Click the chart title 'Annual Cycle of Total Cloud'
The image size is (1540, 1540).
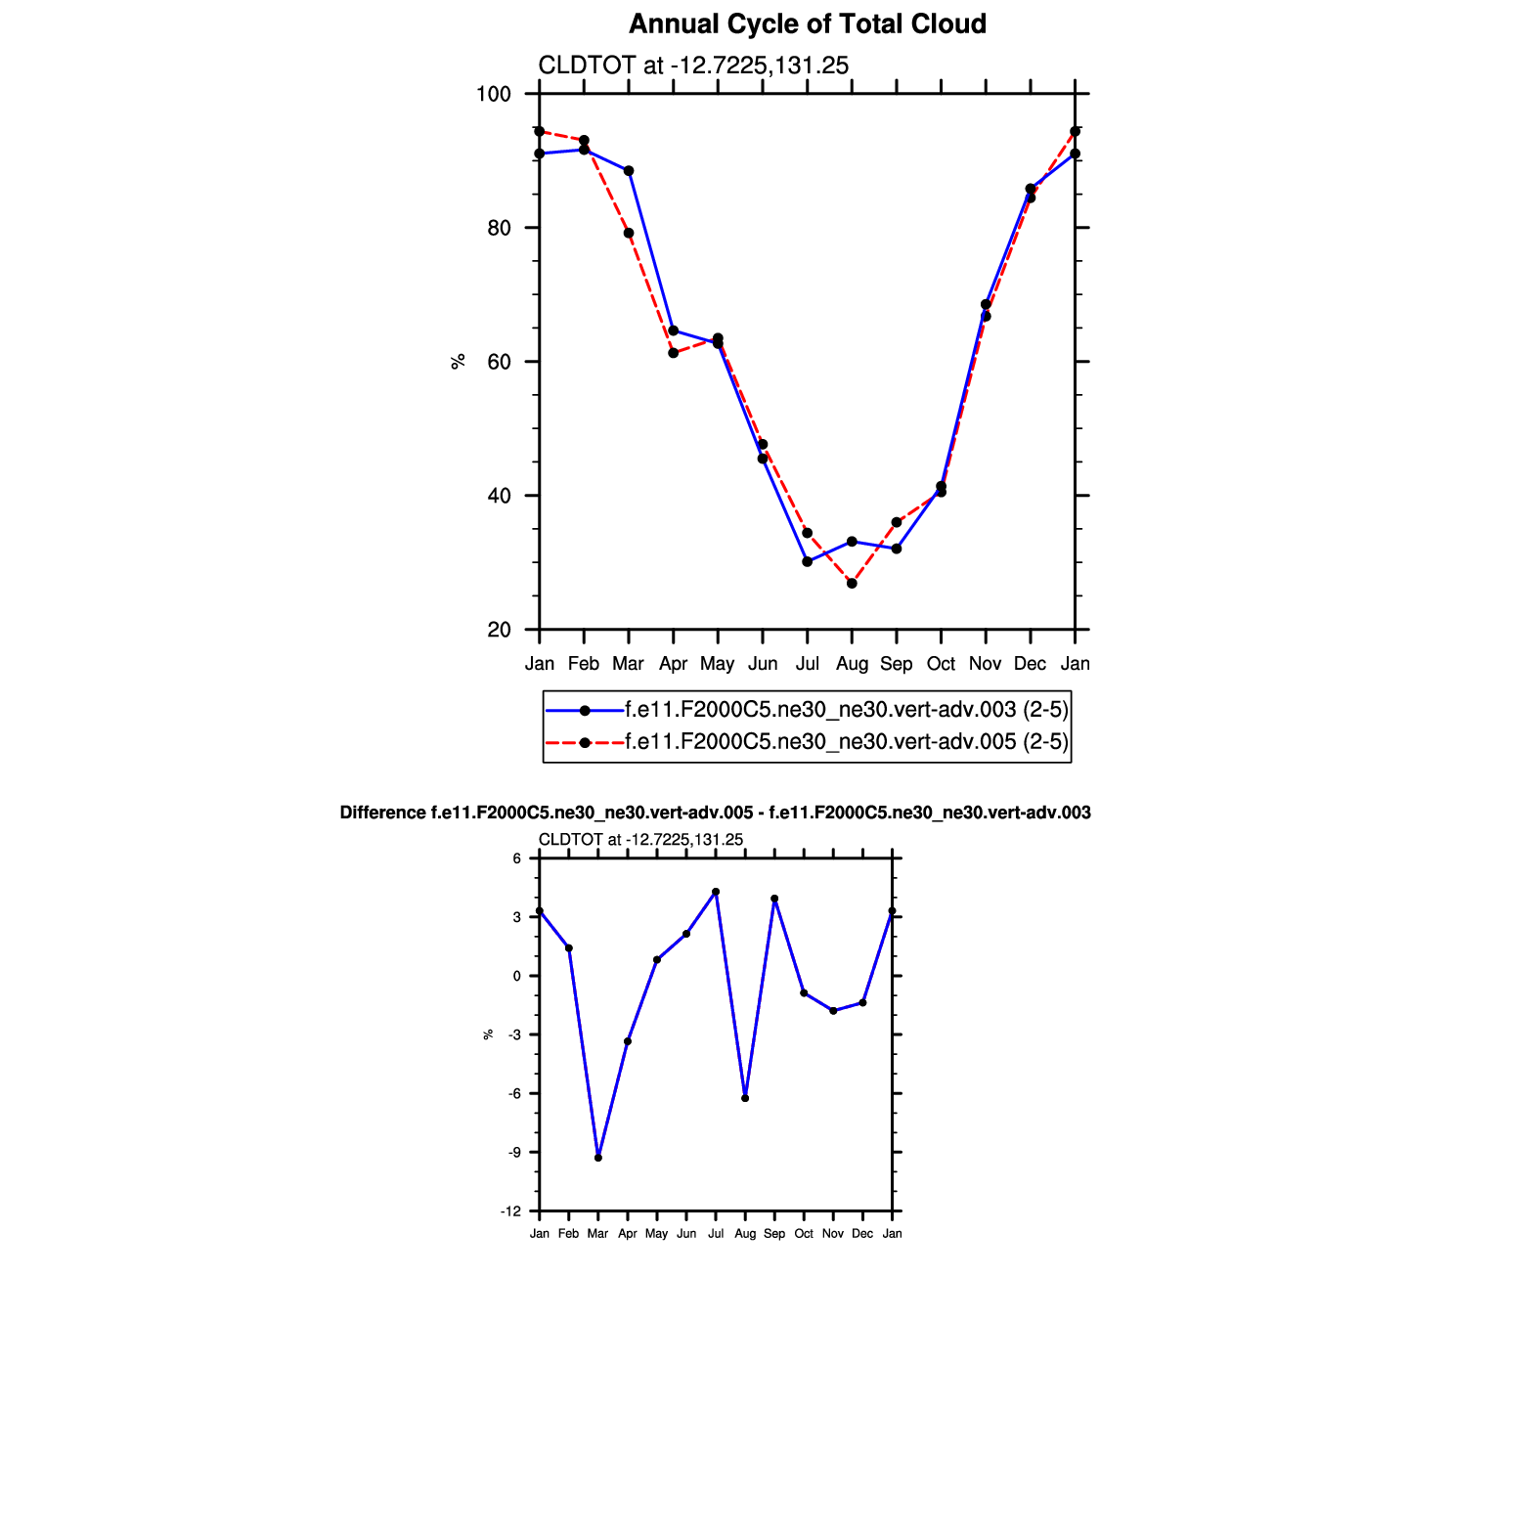pos(807,24)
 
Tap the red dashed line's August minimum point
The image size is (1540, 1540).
pos(852,584)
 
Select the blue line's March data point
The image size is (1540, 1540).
pos(629,171)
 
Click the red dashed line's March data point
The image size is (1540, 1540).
pos(629,233)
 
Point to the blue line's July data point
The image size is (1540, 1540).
pos(807,562)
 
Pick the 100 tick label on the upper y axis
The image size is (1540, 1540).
pos(494,95)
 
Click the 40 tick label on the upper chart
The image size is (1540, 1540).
pos(499,496)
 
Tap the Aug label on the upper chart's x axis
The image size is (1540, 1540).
pos(852,664)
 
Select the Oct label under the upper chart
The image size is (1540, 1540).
pos(941,664)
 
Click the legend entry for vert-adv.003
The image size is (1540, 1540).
pos(846,710)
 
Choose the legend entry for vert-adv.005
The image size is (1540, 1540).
pos(846,742)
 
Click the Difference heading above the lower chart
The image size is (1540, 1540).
pos(715,813)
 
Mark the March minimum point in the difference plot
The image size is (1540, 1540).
pos(598,1158)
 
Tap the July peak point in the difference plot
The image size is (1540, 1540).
pos(716,892)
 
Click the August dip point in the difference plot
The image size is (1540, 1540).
pos(745,1098)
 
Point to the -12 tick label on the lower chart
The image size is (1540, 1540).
pos(511,1211)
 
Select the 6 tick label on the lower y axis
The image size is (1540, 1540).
pos(517,858)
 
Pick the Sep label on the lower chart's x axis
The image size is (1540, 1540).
pos(774,1234)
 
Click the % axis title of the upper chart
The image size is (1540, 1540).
pos(458,362)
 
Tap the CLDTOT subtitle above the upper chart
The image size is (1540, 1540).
pos(693,66)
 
